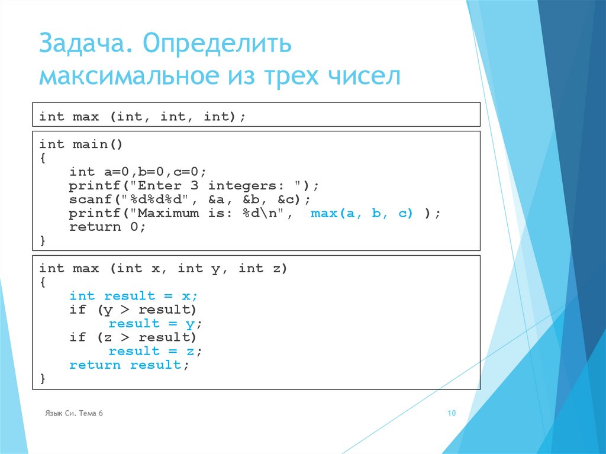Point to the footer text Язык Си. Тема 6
(x=74, y=413)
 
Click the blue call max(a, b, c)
(x=362, y=214)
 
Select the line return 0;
(x=107, y=227)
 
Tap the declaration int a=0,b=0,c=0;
(x=138, y=172)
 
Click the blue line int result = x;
(x=133, y=296)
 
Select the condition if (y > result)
(x=133, y=310)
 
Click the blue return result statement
(x=125, y=365)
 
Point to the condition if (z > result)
(x=133, y=337)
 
